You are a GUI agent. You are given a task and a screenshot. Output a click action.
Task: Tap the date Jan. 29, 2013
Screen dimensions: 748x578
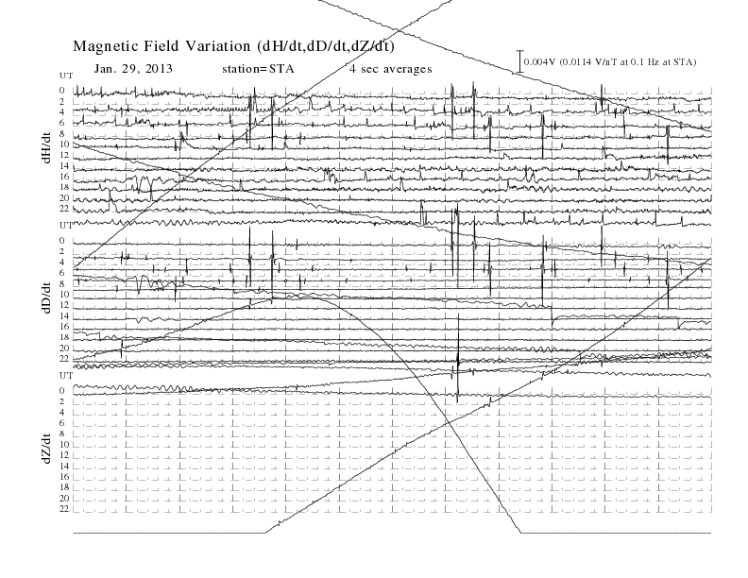[x=133, y=69]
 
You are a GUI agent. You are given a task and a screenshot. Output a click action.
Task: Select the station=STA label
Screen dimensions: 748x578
[x=258, y=69]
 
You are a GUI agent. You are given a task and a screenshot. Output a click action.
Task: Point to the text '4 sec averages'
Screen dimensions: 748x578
[x=391, y=69]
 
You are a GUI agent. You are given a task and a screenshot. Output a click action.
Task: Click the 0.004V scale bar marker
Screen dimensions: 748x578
[x=520, y=61]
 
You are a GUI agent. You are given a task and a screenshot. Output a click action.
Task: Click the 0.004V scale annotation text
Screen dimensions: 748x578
[x=610, y=62]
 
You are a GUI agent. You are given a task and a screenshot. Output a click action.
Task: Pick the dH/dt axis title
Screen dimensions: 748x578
[x=46, y=148]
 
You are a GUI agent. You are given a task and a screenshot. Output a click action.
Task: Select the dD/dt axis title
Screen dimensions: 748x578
[x=46, y=297]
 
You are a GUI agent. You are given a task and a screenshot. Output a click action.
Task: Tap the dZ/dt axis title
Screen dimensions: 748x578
[x=46, y=449]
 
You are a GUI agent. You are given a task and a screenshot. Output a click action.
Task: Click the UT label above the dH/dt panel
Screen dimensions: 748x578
[x=66, y=76]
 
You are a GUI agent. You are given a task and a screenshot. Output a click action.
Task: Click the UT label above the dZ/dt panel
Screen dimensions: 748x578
[x=66, y=376]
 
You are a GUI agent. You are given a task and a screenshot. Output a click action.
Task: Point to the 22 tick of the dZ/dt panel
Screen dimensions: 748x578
[x=64, y=509]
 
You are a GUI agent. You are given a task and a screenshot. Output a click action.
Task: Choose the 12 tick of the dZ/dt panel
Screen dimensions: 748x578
[x=64, y=455]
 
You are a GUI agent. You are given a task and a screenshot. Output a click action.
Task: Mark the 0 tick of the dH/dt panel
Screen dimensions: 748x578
[x=62, y=90]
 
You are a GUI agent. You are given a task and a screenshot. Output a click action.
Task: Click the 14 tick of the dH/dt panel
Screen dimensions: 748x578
[x=64, y=165]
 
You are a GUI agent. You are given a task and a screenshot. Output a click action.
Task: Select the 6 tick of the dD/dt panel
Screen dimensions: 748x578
[x=62, y=273]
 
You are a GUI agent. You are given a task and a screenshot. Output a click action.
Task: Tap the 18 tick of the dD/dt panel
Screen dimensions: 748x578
[x=64, y=337]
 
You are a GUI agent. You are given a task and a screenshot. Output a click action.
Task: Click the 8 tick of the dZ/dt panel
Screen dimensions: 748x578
[x=62, y=433]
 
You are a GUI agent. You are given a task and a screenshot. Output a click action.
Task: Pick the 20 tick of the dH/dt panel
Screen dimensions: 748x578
[x=64, y=198]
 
